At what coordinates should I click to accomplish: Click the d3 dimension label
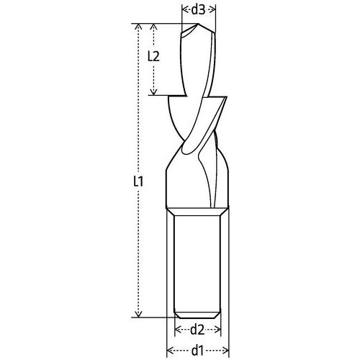coord(199,9)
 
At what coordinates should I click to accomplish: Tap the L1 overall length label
coord(139,182)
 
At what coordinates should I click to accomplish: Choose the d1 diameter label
coord(199,351)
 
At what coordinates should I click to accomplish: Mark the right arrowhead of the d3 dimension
coord(213,9)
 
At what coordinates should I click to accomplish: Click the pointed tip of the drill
coord(189,28)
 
